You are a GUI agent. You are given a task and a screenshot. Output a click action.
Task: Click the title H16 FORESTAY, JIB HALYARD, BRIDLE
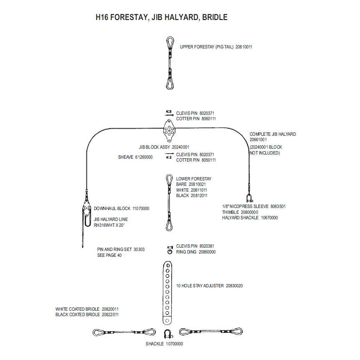(161, 18)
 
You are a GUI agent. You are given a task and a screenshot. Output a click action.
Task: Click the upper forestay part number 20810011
(244, 47)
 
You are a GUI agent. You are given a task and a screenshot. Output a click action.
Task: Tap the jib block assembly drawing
(169, 131)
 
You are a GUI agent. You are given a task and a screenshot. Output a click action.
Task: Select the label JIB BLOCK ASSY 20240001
(164, 147)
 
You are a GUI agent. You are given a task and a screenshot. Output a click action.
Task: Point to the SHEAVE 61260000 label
(135, 157)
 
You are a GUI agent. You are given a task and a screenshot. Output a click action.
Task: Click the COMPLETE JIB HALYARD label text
(273, 134)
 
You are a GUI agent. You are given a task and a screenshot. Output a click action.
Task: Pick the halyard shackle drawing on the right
(249, 198)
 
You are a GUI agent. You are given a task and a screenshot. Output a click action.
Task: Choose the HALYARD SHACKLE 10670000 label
(250, 218)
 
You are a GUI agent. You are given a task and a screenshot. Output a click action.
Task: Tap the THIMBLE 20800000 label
(240, 212)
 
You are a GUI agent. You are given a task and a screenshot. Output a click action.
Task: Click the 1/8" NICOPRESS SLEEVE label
(245, 206)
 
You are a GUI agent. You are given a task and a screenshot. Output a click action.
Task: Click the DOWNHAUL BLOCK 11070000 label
(122, 208)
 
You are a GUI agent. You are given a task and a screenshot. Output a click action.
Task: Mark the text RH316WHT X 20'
(109, 225)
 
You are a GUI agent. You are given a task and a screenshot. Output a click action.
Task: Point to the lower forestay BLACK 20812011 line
(192, 195)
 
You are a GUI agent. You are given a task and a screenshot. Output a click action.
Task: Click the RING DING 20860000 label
(196, 252)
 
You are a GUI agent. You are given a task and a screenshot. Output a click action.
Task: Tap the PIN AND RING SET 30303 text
(121, 249)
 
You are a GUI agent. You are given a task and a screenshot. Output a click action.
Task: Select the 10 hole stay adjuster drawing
(167, 293)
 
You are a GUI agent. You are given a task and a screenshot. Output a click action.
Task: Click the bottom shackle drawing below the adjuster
(167, 334)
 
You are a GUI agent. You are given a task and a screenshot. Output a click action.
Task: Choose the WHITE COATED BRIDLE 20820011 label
(87, 309)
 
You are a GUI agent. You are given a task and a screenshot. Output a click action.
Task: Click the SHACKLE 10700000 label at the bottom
(165, 344)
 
